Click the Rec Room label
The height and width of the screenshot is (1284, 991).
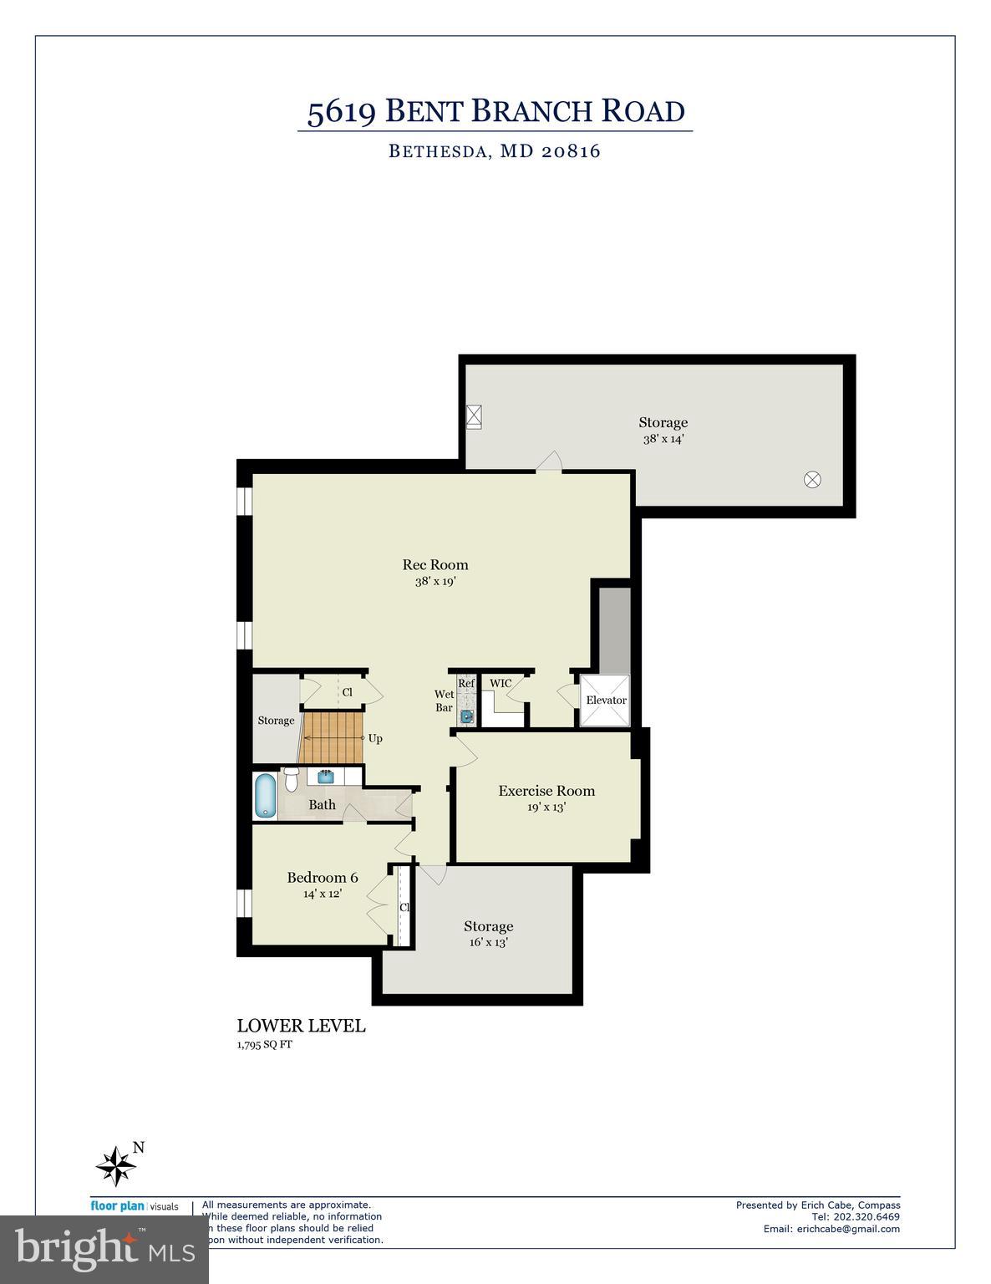tap(435, 565)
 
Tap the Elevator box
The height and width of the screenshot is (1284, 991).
tap(606, 701)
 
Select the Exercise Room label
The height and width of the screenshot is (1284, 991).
tap(546, 791)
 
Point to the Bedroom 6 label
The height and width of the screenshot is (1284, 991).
tap(323, 878)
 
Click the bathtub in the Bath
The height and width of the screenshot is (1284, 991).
tap(265, 795)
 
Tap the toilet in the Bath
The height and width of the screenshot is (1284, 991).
tap(291, 779)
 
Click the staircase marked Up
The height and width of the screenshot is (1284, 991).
tap(333, 737)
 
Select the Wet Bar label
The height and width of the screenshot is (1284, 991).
tap(444, 701)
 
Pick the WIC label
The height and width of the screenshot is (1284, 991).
tap(501, 684)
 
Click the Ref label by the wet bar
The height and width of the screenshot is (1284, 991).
tap(466, 684)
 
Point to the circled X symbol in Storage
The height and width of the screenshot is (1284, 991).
tap(812, 480)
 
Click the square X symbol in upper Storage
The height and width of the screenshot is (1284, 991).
tap(475, 415)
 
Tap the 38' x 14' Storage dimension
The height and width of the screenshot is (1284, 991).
tap(663, 439)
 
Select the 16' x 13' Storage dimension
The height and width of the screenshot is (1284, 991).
tap(488, 942)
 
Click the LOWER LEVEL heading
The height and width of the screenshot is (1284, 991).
tap(301, 1026)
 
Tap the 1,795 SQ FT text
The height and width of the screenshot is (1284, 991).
tap(265, 1044)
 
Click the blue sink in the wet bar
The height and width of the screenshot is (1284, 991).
tap(466, 716)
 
